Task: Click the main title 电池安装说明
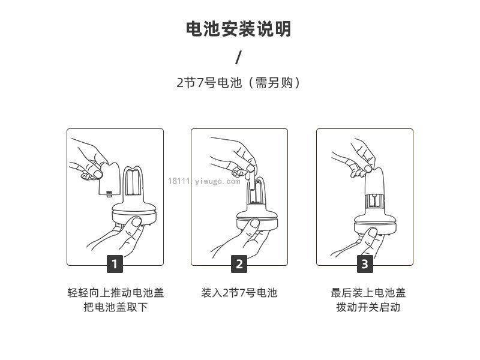(x=238, y=29)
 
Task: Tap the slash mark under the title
(x=238, y=58)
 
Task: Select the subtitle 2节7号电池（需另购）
(x=238, y=83)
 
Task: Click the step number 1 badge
(x=115, y=263)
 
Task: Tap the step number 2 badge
(x=239, y=263)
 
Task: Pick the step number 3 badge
(x=365, y=263)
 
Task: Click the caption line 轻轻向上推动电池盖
(x=116, y=293)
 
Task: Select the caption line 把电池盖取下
(x=116, y=307)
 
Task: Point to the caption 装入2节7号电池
(x=239, y=293)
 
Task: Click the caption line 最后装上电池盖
(x=368, y=293)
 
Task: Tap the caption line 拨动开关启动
(x=368, y=307)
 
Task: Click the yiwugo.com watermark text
(x=204, y=181)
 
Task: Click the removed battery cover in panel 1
(x=109, y=179)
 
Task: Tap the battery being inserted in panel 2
(x=250, y=181)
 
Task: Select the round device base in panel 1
(x=134, y=214)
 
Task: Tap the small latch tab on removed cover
(x=109, y=193)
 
